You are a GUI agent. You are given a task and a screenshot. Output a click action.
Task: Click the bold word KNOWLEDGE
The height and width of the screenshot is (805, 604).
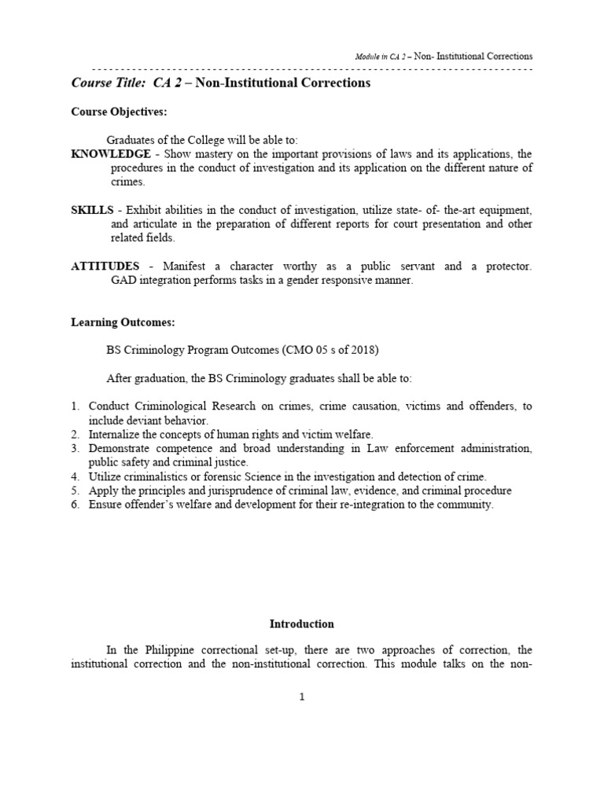[111, 154]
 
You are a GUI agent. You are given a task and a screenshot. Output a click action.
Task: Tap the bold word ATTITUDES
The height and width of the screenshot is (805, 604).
[105, 266]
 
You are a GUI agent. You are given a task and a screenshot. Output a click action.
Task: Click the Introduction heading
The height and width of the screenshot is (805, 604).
[302, 624]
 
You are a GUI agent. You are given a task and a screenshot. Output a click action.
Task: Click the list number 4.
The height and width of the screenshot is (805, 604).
[75, 476]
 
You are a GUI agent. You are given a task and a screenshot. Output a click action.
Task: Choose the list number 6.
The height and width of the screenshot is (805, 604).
[75, 505]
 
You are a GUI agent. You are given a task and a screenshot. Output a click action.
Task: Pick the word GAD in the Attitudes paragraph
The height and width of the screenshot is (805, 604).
[123, 281]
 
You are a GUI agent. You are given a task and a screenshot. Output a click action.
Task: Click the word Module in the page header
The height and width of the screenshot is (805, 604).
[365, 57]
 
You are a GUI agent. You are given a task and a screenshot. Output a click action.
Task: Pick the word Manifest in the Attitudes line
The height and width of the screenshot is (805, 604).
[186, 266]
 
